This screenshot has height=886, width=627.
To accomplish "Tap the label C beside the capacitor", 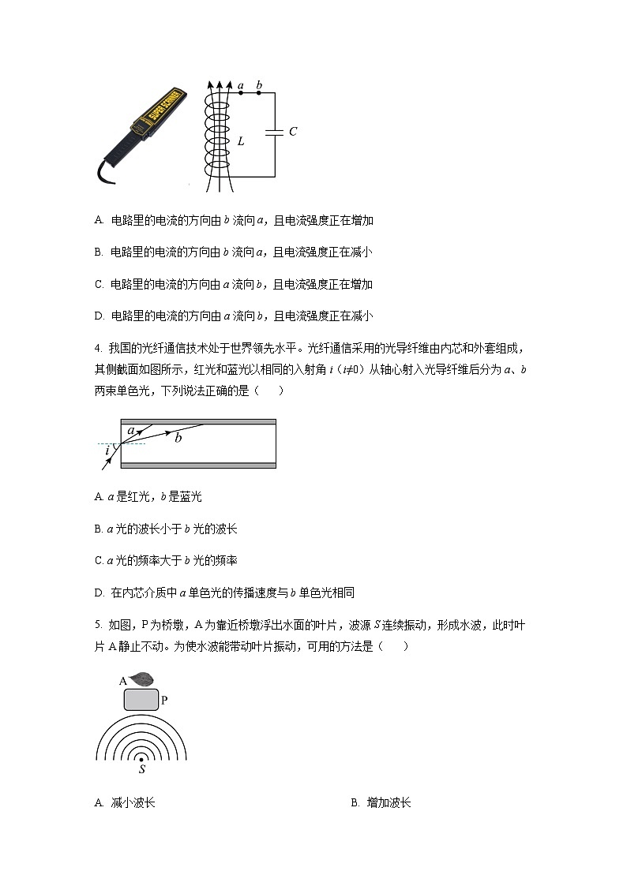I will pos(292,132).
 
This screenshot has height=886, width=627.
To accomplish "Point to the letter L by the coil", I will pos(241,142).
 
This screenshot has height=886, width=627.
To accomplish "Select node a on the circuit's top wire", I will pos(240,93).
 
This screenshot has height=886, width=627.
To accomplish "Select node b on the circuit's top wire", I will pos(260,93).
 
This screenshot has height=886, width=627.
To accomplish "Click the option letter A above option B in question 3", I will pos(98,221).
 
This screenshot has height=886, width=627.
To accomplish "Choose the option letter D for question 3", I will pos(98,316).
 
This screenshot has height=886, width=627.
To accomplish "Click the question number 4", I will pos(97,349).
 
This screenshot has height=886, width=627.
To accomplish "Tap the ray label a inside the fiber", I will pos(131,431).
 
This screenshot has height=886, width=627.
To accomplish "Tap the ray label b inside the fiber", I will pos(178,437).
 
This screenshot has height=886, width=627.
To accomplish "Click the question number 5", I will pos(97,625).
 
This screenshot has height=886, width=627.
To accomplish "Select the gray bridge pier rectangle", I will pos(141,700).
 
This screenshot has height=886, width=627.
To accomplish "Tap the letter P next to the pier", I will pos(164,700).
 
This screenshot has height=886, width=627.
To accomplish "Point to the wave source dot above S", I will pos(142,758).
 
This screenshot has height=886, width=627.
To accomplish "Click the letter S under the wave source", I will pos(142,769).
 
